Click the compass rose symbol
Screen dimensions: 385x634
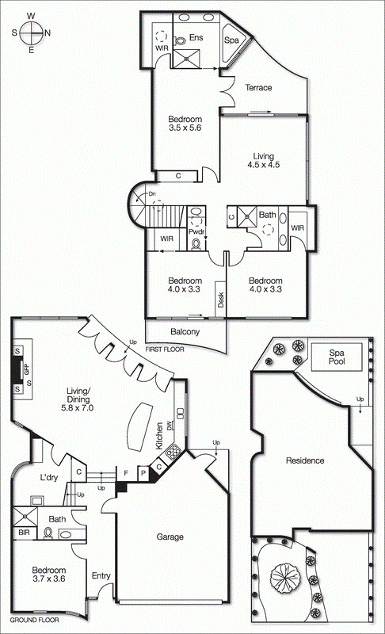click(31, 32)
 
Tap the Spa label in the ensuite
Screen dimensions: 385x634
click(231, 40)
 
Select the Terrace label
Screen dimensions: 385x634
click(258, 87)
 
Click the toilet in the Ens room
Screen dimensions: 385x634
click(179, 40)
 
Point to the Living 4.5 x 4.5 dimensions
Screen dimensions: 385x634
click(263, 165)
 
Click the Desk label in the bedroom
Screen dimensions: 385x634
click(220, 300)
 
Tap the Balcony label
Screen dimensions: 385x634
click(185, 331)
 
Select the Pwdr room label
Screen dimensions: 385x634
click(196, 231)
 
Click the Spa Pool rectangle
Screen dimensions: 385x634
click(337, 357)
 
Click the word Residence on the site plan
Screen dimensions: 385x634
click(305, 460)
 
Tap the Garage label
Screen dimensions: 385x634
click(170, 537)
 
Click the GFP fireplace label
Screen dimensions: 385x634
click(28, 369)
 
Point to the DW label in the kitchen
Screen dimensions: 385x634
click(170, 425)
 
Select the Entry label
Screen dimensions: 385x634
click(101, 576)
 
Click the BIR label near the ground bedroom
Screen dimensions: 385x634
click(24, 533)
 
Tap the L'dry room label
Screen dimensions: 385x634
click(49, 478)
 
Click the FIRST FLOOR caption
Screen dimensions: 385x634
click(165, 349)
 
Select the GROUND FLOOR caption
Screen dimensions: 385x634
click(34, 620)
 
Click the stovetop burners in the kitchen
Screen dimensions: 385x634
click(173, 452)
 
